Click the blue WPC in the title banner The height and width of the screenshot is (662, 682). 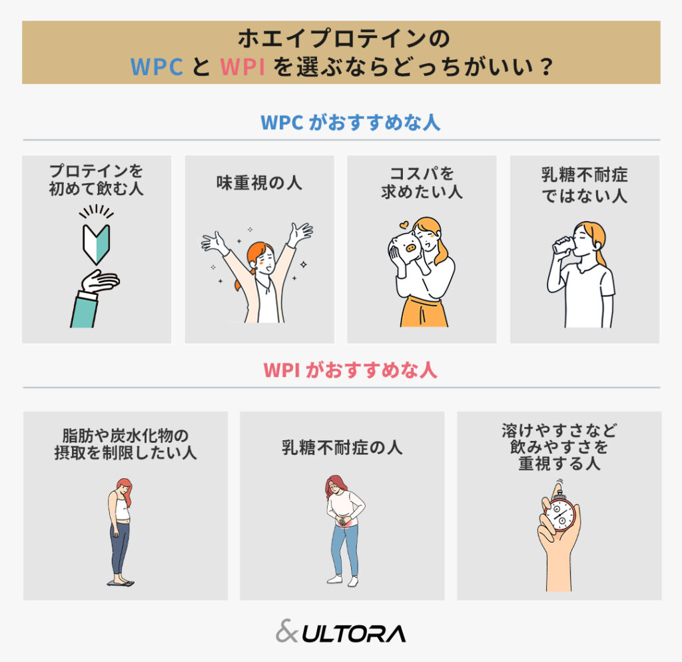point(157,67)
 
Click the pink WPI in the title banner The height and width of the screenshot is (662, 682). point(242,67)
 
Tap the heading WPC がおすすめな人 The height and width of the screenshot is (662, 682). point(341,123)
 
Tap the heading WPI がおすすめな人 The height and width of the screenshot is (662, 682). point(341,370)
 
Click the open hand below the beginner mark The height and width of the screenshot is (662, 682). point(100,282)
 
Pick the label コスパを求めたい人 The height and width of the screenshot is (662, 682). point(422,183)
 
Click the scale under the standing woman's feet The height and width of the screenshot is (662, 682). point(121,583)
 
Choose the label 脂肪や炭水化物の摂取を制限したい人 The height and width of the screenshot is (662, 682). point(125,444)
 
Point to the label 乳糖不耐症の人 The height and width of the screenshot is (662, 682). point(342,448)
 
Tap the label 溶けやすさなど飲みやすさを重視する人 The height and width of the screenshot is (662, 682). point(559,447)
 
